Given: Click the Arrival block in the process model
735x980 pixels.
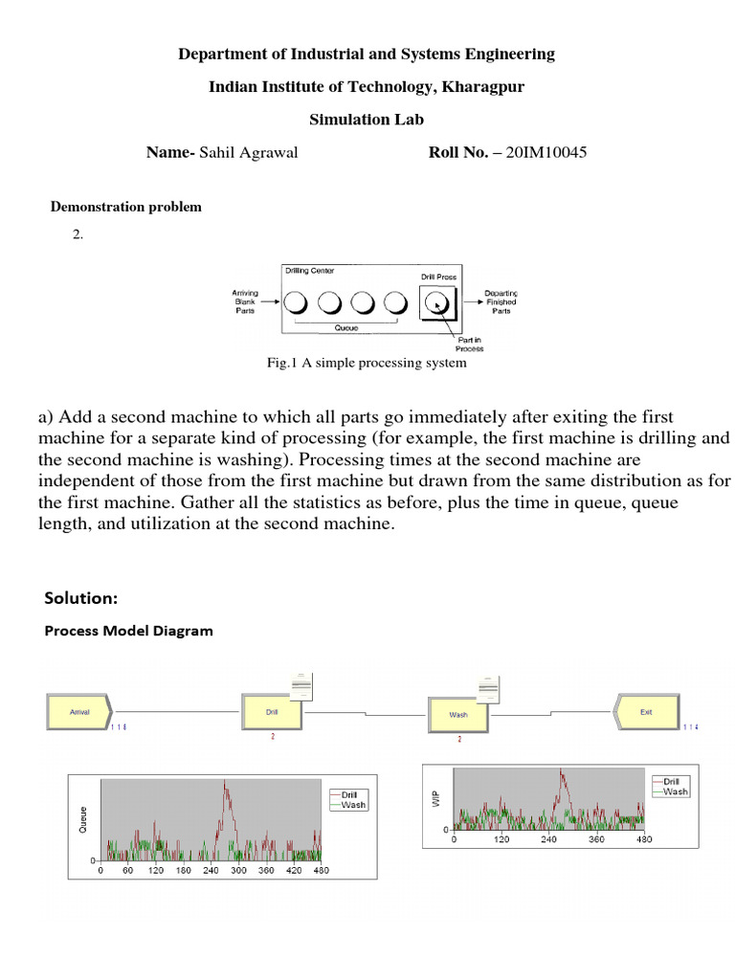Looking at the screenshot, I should click(79, 713).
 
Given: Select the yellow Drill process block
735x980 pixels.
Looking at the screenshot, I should click(272, 713).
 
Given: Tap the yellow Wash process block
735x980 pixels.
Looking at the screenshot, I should click(458, 715).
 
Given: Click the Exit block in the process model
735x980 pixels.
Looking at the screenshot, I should click(646, 712).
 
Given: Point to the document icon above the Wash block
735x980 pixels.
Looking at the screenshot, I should click(489, 688).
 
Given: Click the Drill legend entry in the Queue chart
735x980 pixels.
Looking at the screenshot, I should click(347, 794).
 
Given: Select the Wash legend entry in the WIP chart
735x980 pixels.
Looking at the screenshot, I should click(675, 791).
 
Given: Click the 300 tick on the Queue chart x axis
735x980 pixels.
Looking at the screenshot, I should click(238, 871).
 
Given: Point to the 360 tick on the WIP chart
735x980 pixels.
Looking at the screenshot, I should click(596, 838).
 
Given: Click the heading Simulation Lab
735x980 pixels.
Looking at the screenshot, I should click(367, 120).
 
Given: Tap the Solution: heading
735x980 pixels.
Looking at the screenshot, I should click(80, 598).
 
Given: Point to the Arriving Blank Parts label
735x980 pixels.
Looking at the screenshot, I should click(246, 301).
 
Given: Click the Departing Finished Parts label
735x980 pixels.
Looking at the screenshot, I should click(501, 301).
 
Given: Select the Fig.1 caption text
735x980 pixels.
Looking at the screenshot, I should click(367, 363).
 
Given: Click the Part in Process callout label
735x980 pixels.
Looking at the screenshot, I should click(469, 344).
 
